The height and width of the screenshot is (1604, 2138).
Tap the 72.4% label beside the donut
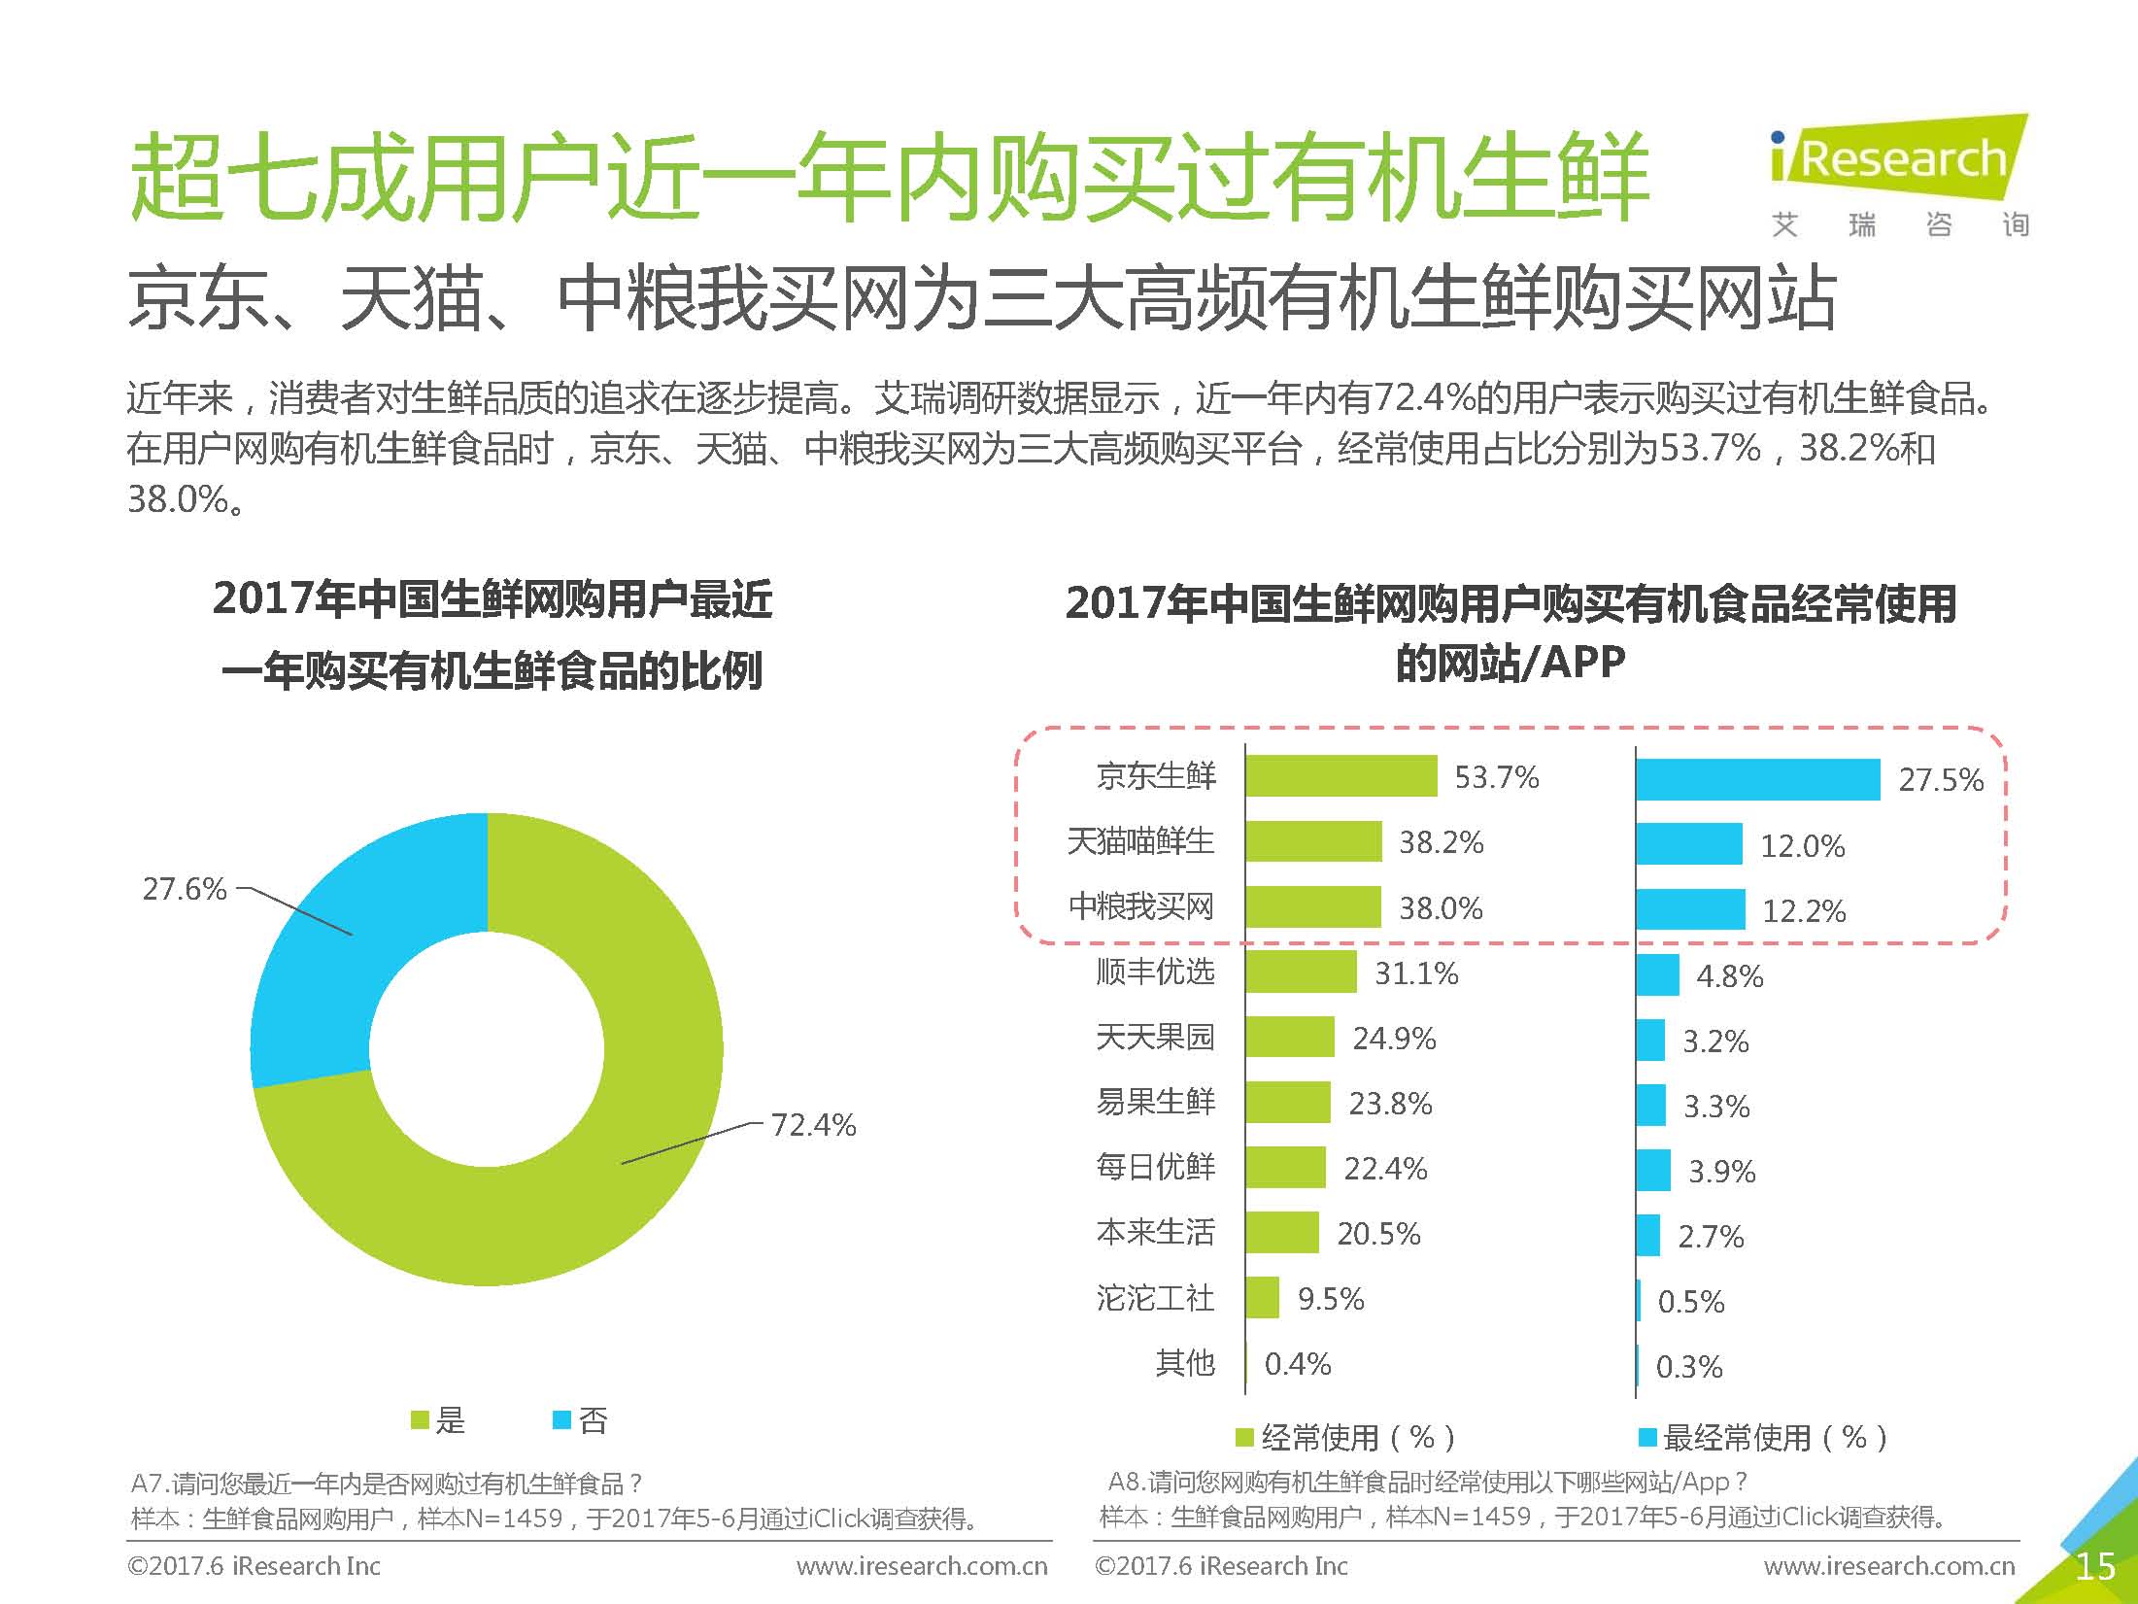(x=813, y=1125)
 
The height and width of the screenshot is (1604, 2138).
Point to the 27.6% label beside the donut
(x=185, y=889)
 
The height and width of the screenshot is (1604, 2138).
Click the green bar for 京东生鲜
(x=1340, y=776)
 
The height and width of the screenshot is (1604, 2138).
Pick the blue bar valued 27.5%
(x=1757, y=779)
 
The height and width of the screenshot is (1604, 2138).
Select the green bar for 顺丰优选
(x=1301, y=973)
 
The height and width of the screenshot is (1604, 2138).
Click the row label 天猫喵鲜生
(x=1140, y=841)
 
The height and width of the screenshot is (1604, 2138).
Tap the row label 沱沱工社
(x=1155, y=1298)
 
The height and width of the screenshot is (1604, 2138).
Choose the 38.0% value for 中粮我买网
(x=1441, y=908)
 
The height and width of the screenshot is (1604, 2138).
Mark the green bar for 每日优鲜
(x=1285, y=1168)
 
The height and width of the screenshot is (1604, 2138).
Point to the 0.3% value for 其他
(x=1689, y=1367)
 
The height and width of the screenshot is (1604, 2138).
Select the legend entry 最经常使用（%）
(x=1763, y=1437)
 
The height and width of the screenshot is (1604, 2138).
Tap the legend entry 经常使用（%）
(x=1345, y=1437)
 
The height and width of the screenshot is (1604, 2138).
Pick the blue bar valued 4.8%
(x=1657, y=974)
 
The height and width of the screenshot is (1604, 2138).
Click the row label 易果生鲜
(x=1155, y=1102)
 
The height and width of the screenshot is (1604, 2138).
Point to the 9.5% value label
(x=1331, y=1299)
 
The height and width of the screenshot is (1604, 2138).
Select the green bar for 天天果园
(x=1290, y=1038)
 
